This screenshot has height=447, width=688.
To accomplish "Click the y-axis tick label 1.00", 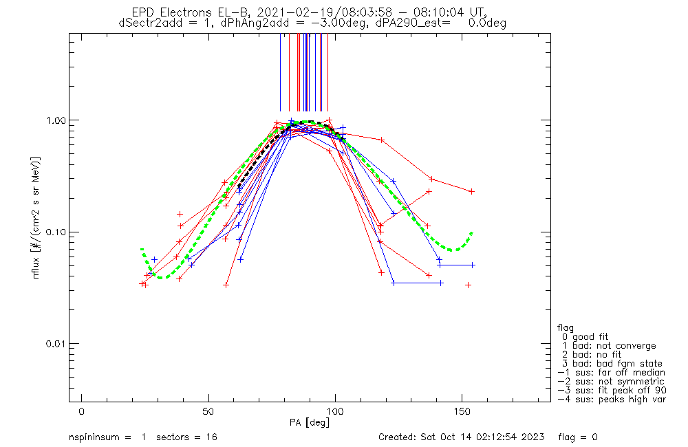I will [x=54, y=120].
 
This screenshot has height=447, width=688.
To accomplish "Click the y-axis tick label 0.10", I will [x=54, y=232].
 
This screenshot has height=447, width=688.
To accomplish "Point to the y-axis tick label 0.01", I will [x=54, y=343].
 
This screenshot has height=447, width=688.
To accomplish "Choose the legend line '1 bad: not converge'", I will [x=609, y=345].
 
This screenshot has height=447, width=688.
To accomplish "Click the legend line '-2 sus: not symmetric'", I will [x=611, y=381].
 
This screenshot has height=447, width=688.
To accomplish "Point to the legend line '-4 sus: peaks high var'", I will [x=611, y=399].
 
